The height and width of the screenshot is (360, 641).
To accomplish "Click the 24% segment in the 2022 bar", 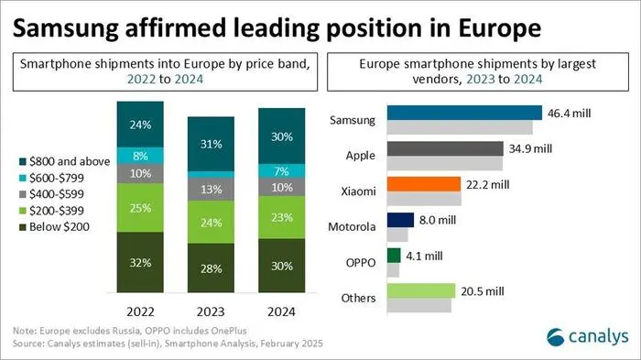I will click(x=141, y=124).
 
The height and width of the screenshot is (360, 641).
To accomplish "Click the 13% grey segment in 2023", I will click(x=210, y=189).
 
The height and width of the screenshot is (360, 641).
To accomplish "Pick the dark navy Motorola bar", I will click(x=399, y=220).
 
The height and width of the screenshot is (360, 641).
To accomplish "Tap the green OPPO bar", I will click(x=394, y=256).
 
